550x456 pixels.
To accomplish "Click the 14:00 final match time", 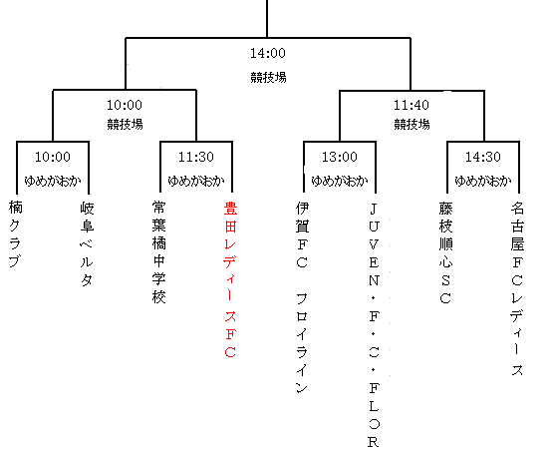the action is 268,54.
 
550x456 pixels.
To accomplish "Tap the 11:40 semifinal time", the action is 412,105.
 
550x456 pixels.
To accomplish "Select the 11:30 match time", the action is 196,157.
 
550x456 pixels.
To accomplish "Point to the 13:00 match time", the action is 340,157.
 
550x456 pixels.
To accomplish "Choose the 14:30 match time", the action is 483,157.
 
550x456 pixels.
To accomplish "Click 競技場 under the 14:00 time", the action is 268,77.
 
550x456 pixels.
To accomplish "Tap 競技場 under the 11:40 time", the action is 412,124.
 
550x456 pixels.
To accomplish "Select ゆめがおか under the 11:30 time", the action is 196,181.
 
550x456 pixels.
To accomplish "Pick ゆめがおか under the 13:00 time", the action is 340,181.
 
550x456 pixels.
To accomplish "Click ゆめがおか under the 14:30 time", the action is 483,181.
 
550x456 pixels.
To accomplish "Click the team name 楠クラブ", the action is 15,234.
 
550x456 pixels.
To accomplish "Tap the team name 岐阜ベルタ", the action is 87,243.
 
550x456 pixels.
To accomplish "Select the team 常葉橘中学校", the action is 158,252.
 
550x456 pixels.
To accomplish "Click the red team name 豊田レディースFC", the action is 230,279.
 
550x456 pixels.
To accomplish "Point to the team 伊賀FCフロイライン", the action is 302,297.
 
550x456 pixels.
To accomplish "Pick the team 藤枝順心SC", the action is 445,252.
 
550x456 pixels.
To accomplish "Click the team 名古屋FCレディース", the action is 517,288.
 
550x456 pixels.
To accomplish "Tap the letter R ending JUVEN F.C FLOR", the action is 374,442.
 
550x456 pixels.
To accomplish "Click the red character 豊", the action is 230,209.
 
